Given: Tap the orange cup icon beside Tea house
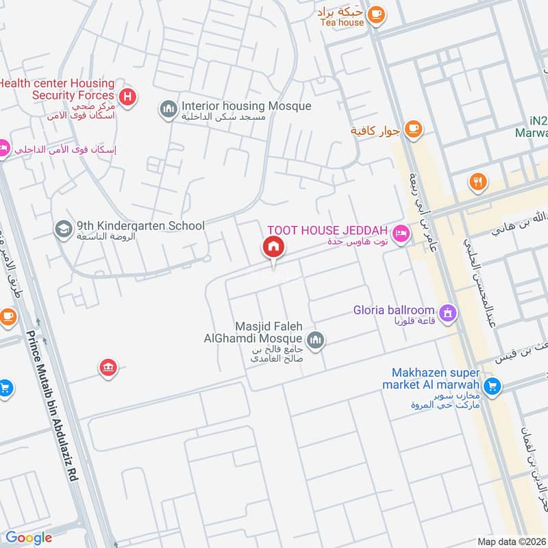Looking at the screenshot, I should pyautogui.click(x=375, y=13).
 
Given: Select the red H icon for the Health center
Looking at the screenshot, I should pyautogui.click(x=127, y=97).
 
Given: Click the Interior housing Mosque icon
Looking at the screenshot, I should pyautogui.click(x=168, y=108).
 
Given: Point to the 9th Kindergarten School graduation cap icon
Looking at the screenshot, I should pyautogui.click(x=63, y=227).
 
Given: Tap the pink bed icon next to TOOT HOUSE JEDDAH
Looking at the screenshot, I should pyautogui.click(x=401, y=233).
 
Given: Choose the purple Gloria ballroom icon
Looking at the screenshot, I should pyautogui.click(x=448, y=314).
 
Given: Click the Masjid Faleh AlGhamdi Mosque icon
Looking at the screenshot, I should pyautogui.click(x=315, y=340).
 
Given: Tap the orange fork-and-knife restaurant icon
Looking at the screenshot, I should pyautogui.click(x=477, y=182).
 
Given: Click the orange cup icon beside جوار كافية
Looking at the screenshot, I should pyautogui.click(x=412, y=128).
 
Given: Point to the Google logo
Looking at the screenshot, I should pyautogui.click(x=29, y=538).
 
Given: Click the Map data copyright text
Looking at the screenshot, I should pyautogui.click(x=512, y=541).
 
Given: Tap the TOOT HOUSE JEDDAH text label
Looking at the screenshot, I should pyautogui.click(x=327, y=229).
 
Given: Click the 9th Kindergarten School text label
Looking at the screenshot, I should pyautogui.click(x=140, y=225).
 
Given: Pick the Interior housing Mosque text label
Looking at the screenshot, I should pyautogui.click(x=246, y=106).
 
